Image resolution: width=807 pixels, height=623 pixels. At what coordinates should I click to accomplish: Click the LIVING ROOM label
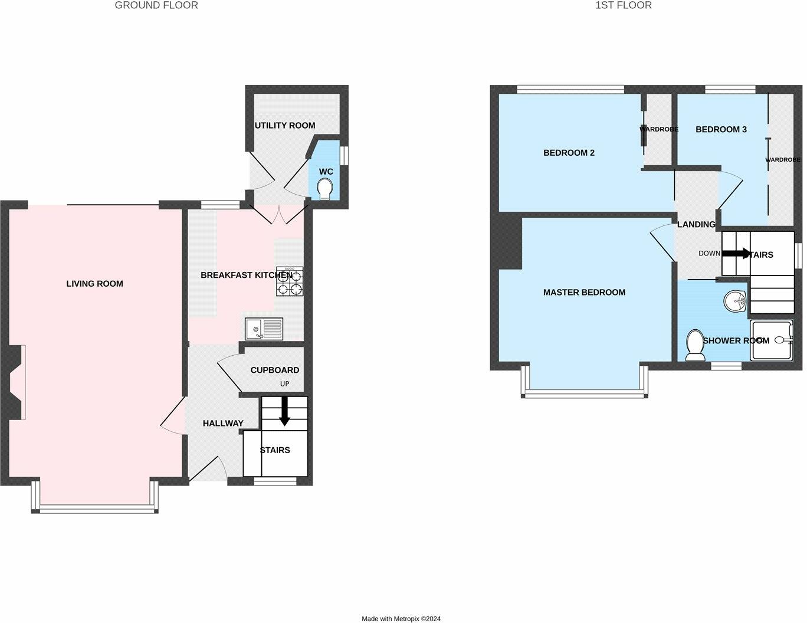point(94,284)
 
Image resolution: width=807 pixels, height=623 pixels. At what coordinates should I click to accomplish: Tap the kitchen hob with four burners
point(289,281)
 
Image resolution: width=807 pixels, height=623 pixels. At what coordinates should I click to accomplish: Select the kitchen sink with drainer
point(264,329)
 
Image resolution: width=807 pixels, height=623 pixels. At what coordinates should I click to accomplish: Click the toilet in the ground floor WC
point(324,189)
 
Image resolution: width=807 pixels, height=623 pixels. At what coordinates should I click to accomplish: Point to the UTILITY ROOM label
point(284,126)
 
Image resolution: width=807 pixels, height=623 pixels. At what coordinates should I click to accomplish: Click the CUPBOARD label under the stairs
point(274,370)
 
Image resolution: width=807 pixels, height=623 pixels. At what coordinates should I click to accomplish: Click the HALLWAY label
point(223,424)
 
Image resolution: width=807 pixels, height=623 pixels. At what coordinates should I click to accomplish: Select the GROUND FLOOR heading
point(156,5)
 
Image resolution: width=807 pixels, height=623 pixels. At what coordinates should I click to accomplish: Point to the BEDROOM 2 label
point(569,153)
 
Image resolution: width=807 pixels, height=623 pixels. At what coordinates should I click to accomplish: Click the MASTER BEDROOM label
point(584,293)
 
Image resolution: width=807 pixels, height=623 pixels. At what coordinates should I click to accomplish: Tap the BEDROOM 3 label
point(721,129)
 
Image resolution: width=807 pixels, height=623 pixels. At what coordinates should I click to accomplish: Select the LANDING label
point(696,225)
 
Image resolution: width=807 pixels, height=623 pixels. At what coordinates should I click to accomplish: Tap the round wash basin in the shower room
point(736,301)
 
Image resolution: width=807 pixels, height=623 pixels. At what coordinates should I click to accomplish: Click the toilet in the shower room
point(695,345)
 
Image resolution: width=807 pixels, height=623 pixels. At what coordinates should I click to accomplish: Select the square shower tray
point(771,340)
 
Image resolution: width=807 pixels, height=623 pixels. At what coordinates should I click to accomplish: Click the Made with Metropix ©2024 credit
point(401,619)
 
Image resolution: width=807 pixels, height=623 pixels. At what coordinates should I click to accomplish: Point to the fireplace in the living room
point(15,383)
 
